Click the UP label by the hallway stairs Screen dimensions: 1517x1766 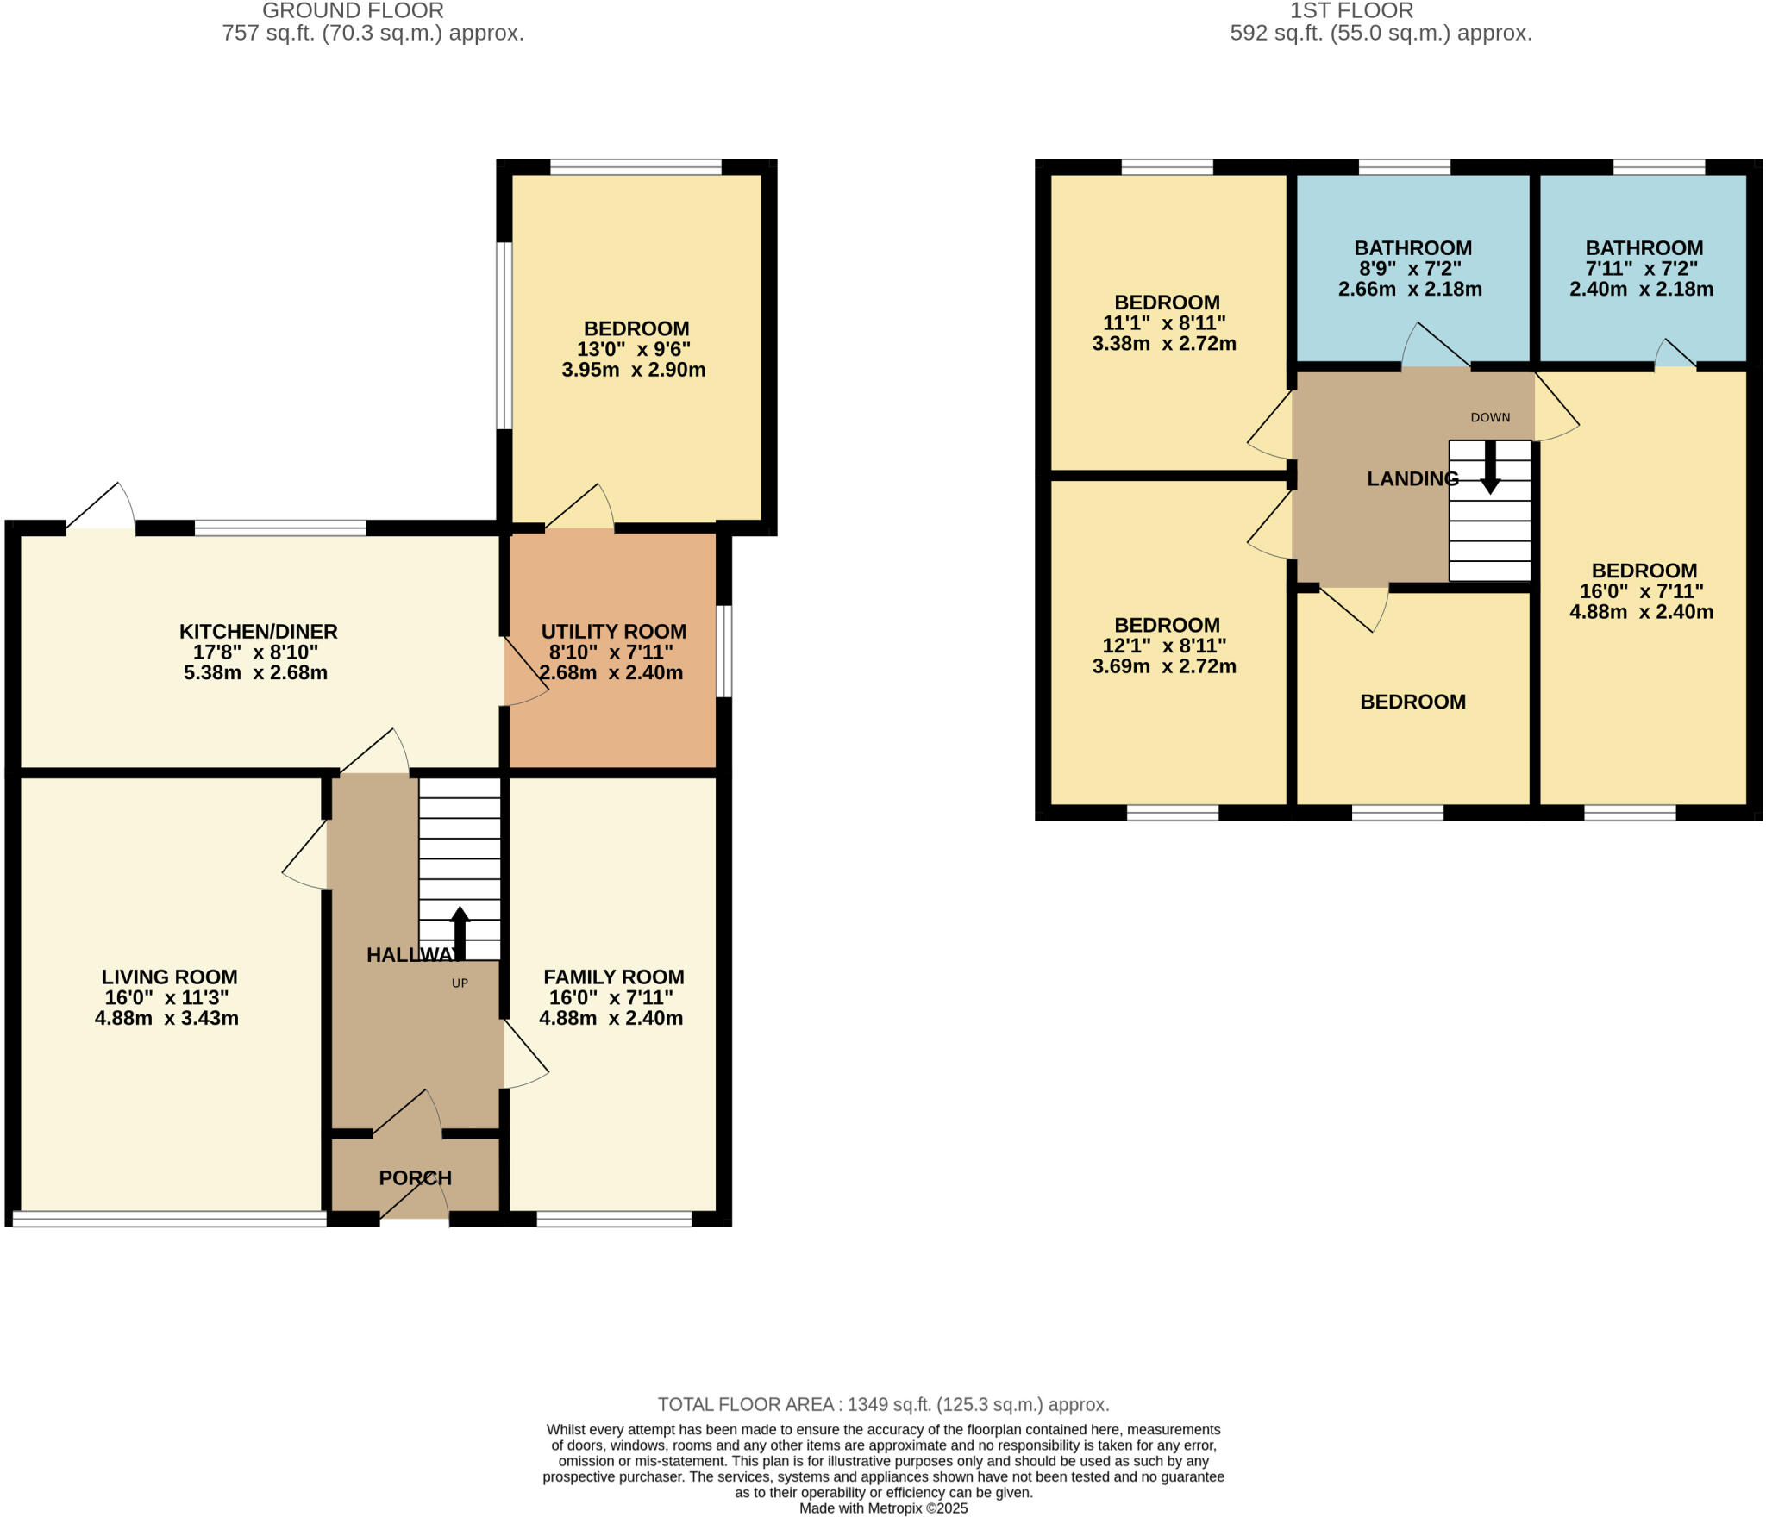[460, 983]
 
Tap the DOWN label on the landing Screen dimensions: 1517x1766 [1490, 417]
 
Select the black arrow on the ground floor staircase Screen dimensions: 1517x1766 [460, 933]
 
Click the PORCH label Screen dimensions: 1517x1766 [415, 1177]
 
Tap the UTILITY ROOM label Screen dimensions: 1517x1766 [613, 631]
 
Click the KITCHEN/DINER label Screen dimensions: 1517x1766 [258, 631]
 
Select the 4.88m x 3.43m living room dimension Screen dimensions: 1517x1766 [166, 1018]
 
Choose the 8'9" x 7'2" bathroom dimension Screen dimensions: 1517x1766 [1410, 268]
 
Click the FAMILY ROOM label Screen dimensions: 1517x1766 [613, 977]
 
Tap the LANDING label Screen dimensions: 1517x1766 [1412, 478]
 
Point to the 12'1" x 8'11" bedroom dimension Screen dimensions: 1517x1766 [1164, 646]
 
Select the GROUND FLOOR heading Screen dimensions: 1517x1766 [353, 10]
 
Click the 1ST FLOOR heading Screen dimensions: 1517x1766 [1351, 10]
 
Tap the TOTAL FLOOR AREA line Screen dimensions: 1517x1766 [883, 1404]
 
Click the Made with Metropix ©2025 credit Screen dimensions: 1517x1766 [883, 1508]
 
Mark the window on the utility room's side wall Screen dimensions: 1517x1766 [725, 651]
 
